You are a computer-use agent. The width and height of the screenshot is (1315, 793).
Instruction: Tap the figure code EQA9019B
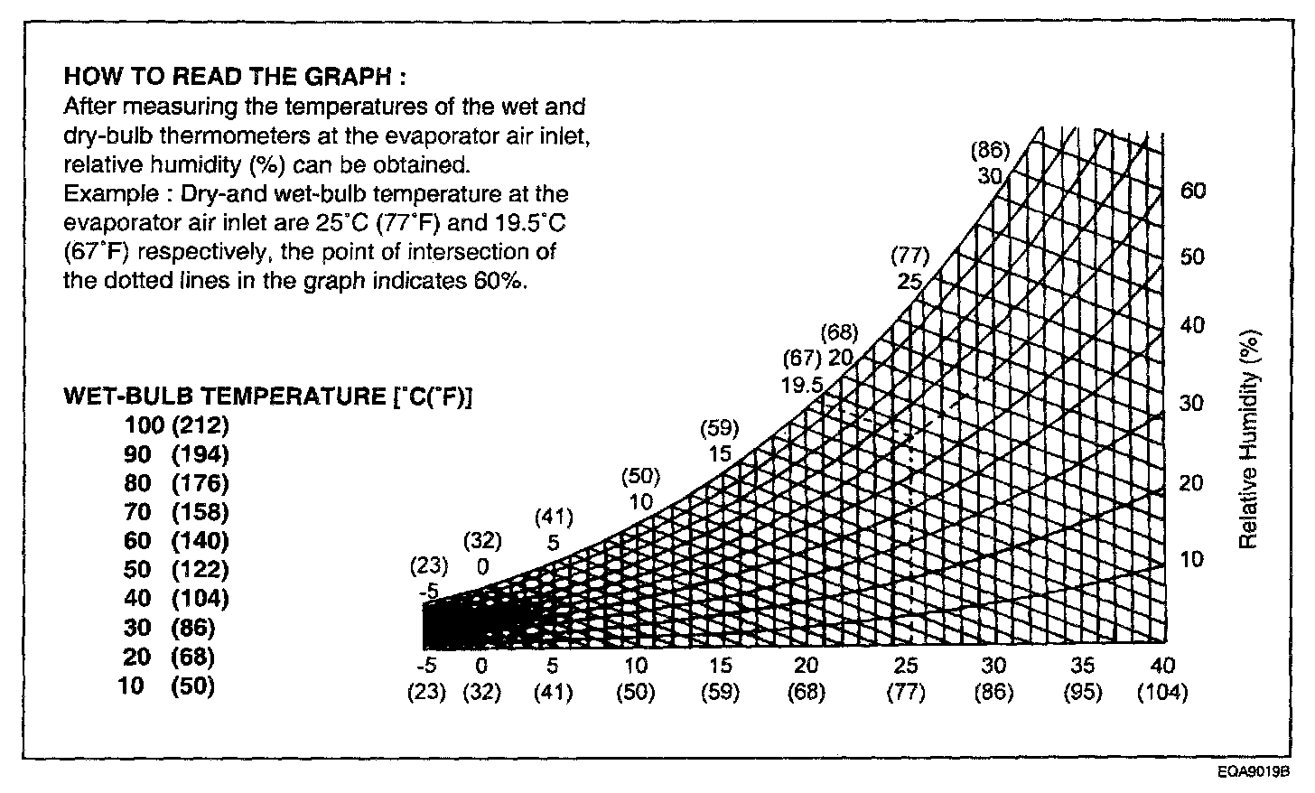click(1253, 773)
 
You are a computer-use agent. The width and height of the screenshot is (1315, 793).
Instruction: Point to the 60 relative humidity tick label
click(1193, 191)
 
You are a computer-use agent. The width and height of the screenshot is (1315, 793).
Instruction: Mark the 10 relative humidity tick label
click(1192, 559)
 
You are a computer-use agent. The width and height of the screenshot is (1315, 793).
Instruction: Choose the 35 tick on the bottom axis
click(1082, 666)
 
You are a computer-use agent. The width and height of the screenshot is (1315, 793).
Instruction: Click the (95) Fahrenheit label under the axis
click(1082, 693)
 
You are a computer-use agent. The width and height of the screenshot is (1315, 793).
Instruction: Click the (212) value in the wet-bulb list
click(201, 424)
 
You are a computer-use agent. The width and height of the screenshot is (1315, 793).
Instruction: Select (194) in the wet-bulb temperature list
click(201, 453)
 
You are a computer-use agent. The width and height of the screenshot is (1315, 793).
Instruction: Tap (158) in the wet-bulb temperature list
click(201, 511)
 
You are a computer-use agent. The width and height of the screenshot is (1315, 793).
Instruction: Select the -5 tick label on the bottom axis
click(430, 666)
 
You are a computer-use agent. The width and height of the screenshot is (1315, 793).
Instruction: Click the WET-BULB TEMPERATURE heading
click(268, 396)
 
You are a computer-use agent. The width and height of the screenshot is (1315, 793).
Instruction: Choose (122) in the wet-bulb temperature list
click(201, 569)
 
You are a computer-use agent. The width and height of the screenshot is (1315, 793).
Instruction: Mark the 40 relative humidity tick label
click(1192, 325)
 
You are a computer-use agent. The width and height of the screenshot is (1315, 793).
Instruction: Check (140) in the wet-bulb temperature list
click(201, 540)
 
